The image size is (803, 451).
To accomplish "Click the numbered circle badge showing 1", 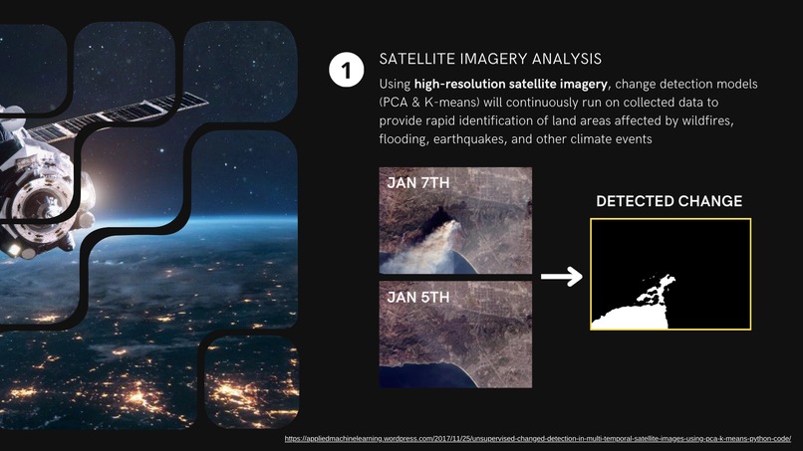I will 346,71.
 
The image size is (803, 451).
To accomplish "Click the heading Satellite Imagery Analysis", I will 490,60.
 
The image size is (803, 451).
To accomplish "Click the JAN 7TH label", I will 418,183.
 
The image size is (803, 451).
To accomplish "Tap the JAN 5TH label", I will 418,298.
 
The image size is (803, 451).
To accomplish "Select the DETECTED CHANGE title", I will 669,201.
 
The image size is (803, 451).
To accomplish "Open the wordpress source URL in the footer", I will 537,438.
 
